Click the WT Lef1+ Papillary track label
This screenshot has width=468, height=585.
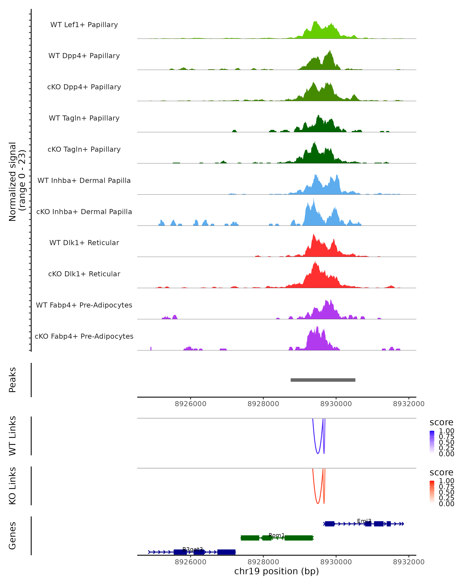coord(84,25)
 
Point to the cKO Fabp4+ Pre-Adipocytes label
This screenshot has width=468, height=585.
coord(84,336)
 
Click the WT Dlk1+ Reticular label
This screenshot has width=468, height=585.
coord(84,243)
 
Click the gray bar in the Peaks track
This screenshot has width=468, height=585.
coord(323,380)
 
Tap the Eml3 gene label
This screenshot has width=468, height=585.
coord(364,521)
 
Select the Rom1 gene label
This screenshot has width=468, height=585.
coord(277,535)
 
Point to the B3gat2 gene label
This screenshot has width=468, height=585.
coord(193,549)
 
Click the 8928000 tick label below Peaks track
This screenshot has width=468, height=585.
coord(263,404)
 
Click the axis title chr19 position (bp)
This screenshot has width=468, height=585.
coord(277,571)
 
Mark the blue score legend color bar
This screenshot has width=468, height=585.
coord(432,442)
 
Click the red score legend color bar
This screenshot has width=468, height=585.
coord(432,492)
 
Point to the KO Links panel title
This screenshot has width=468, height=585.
coord(12,486)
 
